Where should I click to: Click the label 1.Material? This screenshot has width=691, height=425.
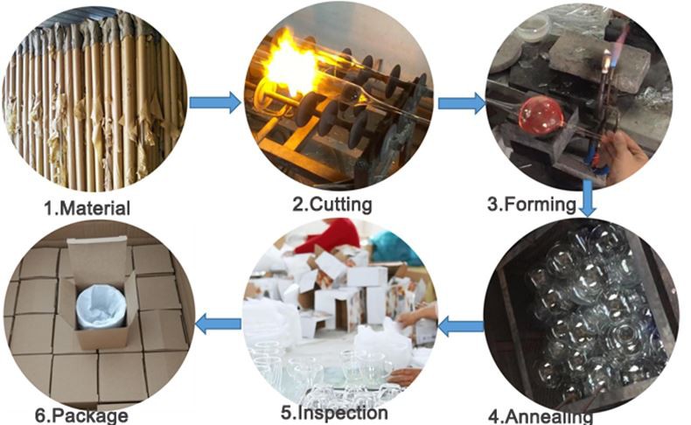pyautogui.click(x=87, y=208)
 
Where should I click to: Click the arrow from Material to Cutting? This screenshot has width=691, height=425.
pyautogui.click(x=214, y=103)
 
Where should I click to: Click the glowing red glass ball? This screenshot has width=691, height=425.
pyautogui.click(x=540, y=116)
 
